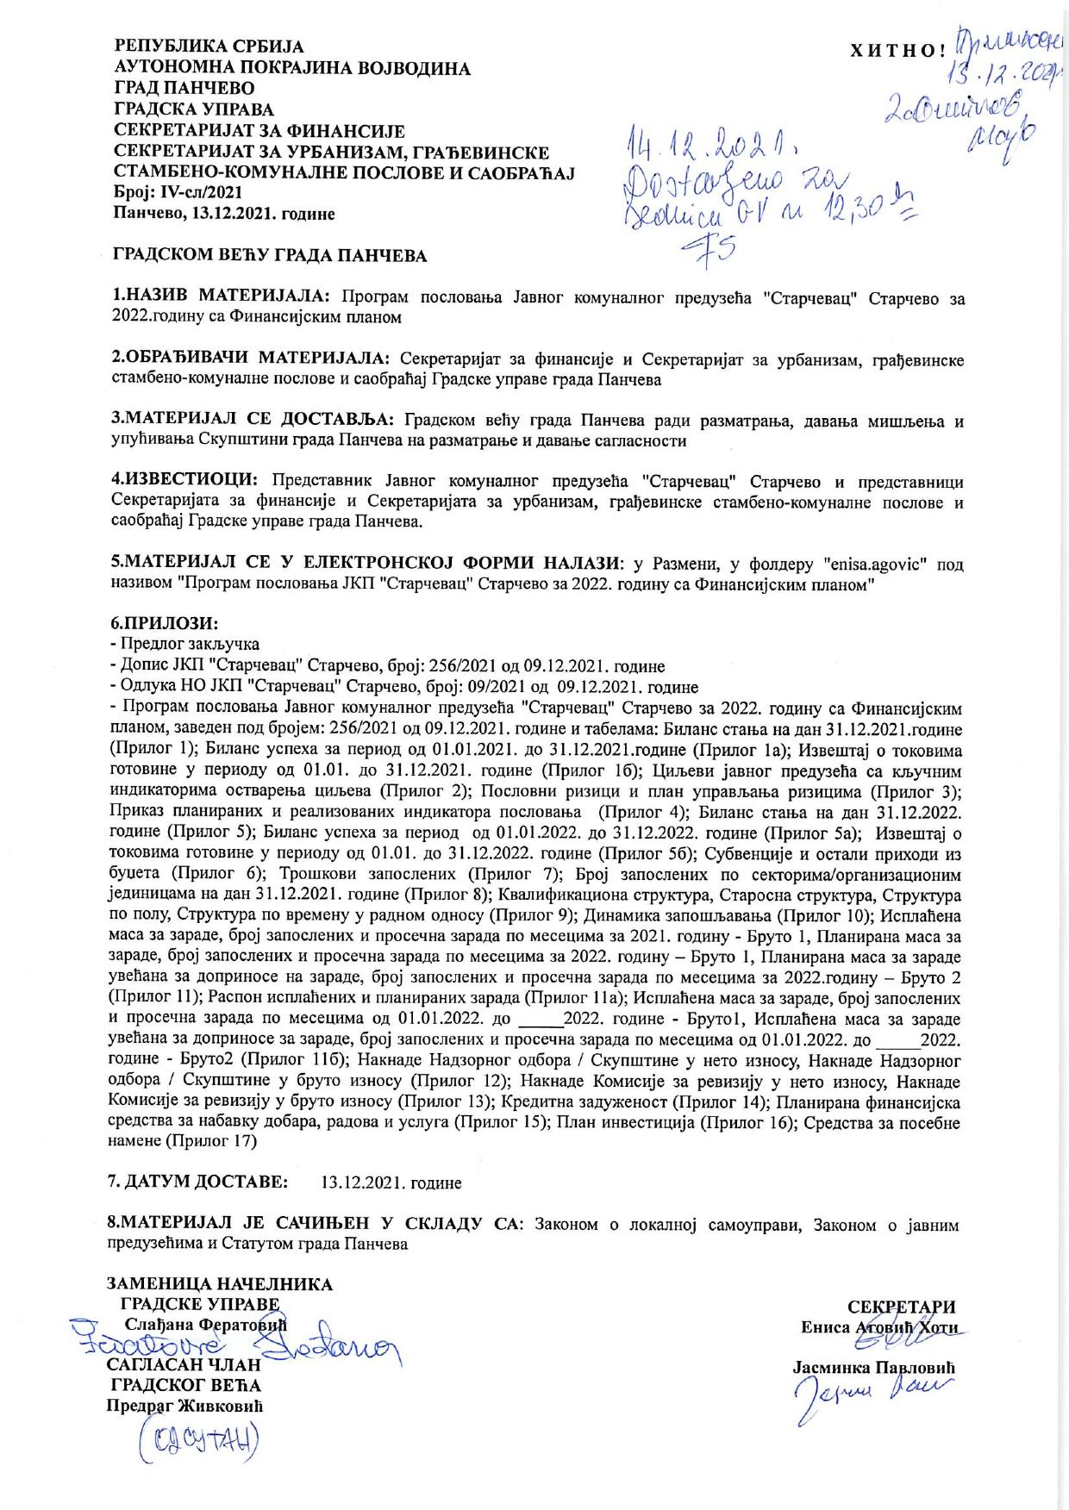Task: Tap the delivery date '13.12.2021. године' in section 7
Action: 391,1182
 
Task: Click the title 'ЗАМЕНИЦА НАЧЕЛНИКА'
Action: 219,1284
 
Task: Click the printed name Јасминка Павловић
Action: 875,1368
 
